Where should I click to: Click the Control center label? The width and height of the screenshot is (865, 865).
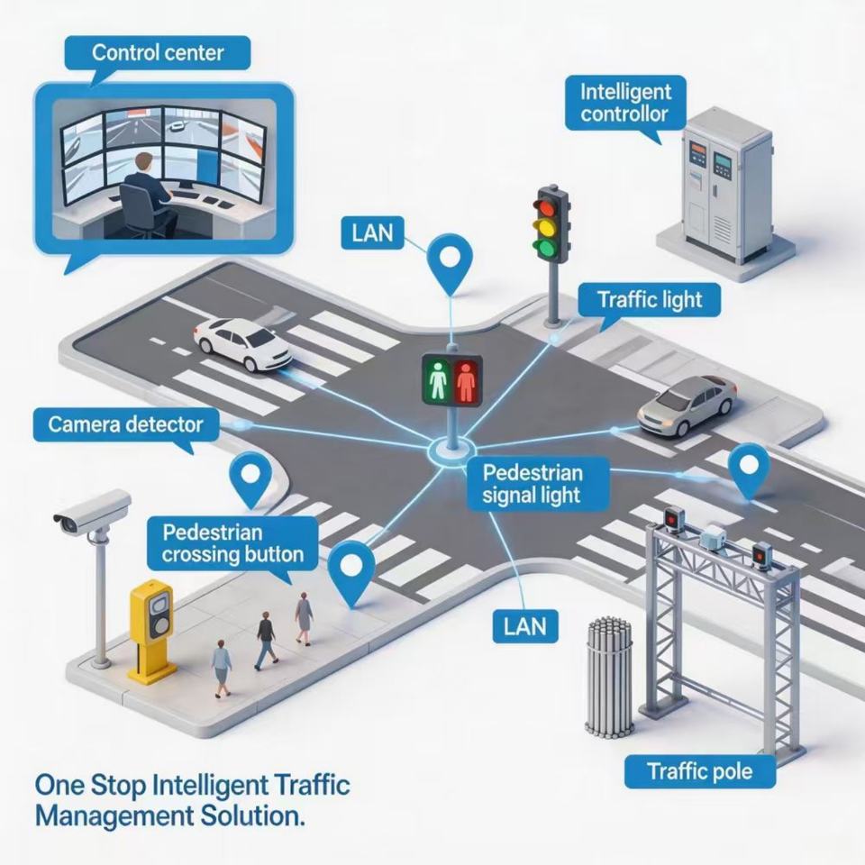point(158,53)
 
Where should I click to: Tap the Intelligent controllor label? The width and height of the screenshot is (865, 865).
point(625,103)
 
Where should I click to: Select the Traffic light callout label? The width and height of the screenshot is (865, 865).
point(650,299)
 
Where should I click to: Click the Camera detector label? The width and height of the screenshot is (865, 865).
point(126,424)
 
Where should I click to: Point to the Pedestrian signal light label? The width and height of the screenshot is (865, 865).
point(533,484)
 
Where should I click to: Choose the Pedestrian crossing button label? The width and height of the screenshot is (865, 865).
point(232,543)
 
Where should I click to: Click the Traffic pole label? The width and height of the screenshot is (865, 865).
point(700,770)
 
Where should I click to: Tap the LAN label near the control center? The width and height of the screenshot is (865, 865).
point(373,232)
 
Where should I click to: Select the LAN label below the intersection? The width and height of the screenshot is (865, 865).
point(525,626)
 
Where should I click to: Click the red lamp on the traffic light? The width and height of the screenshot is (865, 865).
point(547,208)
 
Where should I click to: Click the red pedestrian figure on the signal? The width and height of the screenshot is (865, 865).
point(466,381)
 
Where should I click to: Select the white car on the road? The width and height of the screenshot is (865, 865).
point(242,342)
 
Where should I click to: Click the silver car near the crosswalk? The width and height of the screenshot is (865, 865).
point(687,405)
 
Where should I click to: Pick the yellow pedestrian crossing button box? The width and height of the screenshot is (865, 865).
point(151,628)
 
